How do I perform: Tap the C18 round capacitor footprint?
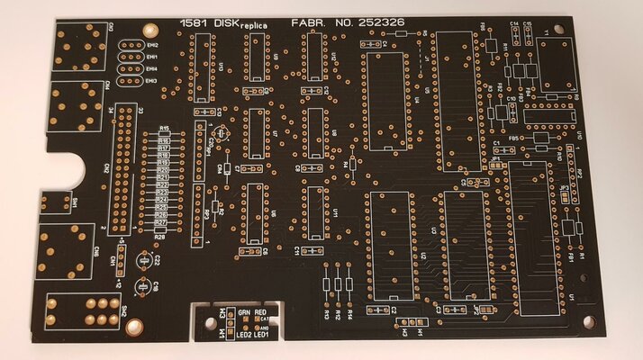(140, 288)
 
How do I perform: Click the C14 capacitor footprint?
(515, 33)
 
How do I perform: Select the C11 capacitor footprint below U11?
(314, 249)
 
